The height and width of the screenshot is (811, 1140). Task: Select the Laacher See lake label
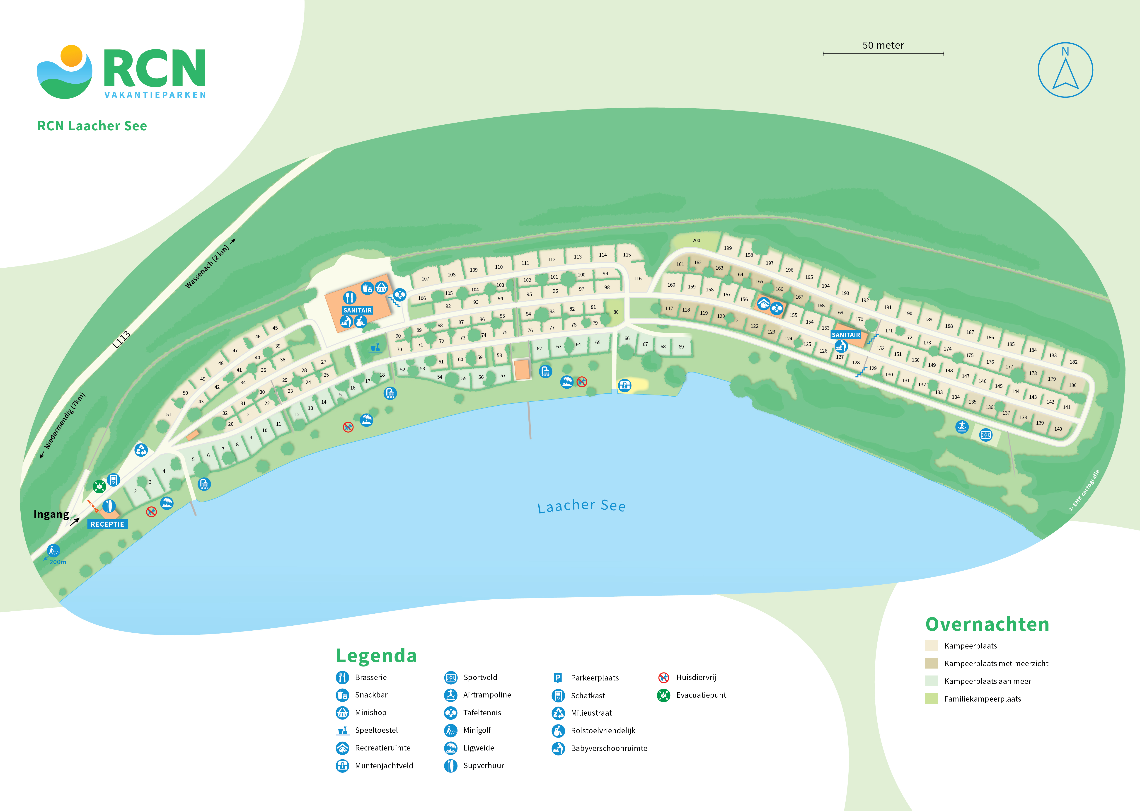581,506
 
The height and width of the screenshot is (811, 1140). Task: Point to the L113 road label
121,340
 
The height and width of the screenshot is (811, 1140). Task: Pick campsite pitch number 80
616,312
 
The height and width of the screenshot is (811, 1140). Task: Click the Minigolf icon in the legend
450,730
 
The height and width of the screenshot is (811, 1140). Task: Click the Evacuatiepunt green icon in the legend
663,695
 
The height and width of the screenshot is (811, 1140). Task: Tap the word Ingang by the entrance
51,514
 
